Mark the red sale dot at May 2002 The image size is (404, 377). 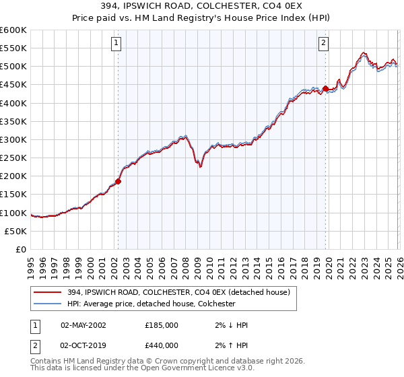(118, 181)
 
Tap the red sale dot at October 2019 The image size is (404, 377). (325, 88)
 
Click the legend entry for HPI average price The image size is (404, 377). (151, 304)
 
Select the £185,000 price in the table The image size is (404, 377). (162, 325)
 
